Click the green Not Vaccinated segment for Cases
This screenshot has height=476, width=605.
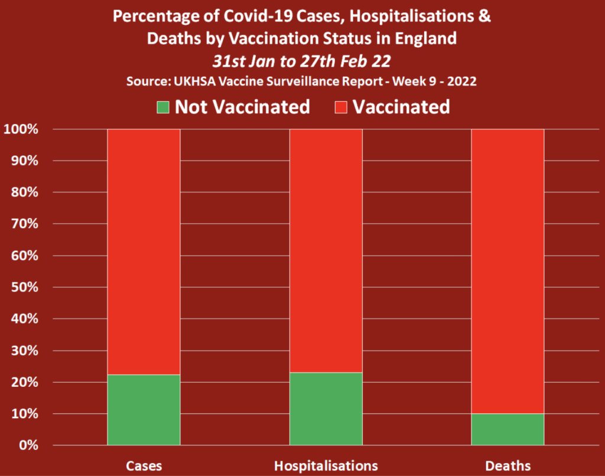144,410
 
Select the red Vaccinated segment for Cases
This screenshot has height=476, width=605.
144,252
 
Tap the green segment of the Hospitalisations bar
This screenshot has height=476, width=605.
326,409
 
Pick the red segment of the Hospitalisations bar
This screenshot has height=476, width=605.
326,250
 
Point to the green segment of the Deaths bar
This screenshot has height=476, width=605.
508,429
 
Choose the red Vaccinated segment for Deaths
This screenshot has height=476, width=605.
508,271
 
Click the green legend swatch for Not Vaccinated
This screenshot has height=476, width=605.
163,107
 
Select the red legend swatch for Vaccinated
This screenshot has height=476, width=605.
341,107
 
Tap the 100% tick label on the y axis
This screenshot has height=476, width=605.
21,129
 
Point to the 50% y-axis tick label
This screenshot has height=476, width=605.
25,288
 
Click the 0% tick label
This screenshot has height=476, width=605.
28,445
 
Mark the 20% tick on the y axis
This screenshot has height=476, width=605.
25,382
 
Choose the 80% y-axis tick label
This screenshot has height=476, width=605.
25,192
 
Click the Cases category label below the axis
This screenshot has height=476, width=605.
144,466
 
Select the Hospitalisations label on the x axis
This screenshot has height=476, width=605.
326,466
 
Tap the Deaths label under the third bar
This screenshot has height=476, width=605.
508,466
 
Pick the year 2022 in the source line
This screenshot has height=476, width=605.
462,81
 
